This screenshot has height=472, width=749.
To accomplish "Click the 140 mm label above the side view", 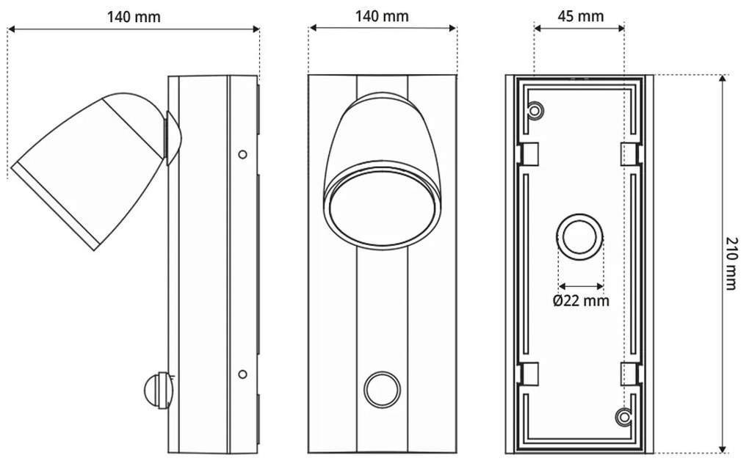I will point(134,16).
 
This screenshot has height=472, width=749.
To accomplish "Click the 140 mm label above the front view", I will point(382,16).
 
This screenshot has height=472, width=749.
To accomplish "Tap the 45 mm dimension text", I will point(579,16).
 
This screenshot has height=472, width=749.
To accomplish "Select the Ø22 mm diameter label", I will point(581,300).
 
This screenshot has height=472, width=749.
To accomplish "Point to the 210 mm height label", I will point(731,264).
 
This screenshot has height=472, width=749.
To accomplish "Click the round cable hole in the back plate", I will point(580,238).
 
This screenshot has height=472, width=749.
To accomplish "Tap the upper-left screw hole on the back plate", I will point(536,110).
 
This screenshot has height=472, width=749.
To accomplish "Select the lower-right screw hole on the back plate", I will point(624,417).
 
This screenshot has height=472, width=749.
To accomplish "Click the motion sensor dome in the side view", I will point(157,390).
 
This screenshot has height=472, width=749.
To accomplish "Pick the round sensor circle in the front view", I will point(383,389).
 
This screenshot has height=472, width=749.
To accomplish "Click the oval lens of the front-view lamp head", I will point(382,209).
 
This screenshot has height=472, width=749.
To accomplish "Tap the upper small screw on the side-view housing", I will point(242,154).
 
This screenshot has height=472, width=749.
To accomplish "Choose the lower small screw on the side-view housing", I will point(242,374).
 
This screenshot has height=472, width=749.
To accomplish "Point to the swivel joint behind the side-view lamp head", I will point(173,138).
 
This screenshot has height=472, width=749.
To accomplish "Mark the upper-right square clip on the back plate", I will point(630,154).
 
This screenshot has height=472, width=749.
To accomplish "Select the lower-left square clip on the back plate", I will point(529,374).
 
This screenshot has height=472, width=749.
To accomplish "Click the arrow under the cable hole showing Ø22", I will point(581,286).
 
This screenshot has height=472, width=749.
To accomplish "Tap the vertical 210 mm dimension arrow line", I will point(723,264).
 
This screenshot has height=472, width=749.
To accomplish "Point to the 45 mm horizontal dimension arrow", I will point(579,29).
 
